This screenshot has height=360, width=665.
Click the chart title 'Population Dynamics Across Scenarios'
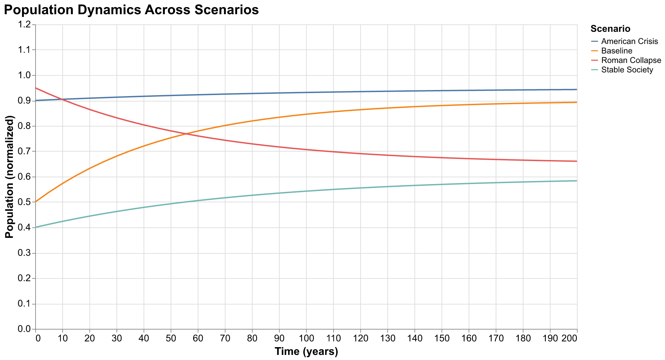click(x=131, y=10)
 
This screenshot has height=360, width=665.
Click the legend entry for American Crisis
click(x=629, y=41)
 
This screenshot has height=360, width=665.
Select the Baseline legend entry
click(x=617, y=51)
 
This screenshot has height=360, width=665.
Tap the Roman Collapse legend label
click(x=631, y=60)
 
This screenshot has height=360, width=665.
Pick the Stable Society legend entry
click(x=627, y=70)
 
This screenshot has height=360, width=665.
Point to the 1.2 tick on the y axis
click(x=26, y=25)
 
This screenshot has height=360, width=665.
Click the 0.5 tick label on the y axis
click(x=26, y=202)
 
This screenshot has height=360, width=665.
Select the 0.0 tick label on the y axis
click(x=26, y=330)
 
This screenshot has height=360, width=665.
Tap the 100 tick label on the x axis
click(x=306, y=339)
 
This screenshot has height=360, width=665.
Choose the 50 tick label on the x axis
click(x=171, y=339)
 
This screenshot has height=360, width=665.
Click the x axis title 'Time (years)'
click(x=306, y=352)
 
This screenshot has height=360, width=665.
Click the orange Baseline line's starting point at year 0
click(x=36, y=202)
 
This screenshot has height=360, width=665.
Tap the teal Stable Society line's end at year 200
click(x=577, y=181)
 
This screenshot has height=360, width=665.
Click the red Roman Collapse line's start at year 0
click(x=36, y=88)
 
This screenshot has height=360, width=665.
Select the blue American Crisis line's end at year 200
click(x=577, y=89)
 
